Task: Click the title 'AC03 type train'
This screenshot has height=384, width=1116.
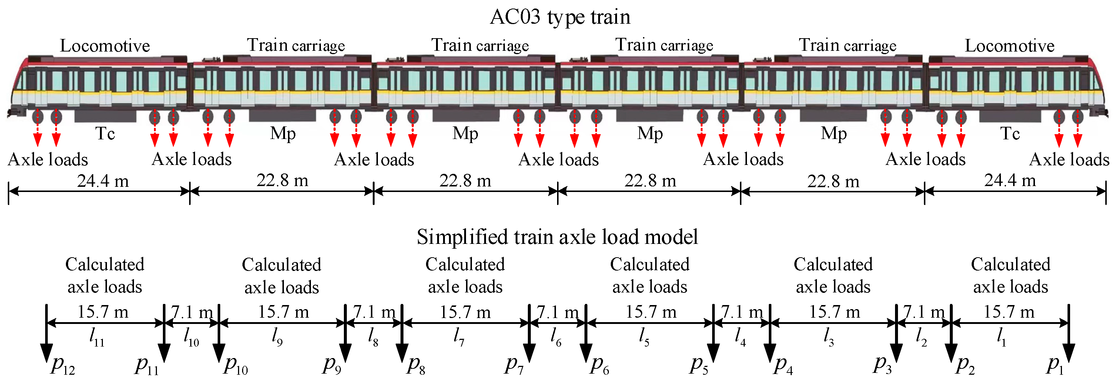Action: pos(560,17)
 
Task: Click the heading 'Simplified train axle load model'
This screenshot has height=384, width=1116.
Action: pos(557,237)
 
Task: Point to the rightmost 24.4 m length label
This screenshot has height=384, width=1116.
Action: pos(1010,181)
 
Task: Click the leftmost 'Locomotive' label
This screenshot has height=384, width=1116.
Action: pos(105,46)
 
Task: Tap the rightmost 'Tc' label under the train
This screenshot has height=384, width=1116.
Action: pos(1010,134)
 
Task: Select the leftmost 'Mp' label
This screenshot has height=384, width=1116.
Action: pos(283,134)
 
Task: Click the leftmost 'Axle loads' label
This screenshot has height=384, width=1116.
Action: pos(48,160)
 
